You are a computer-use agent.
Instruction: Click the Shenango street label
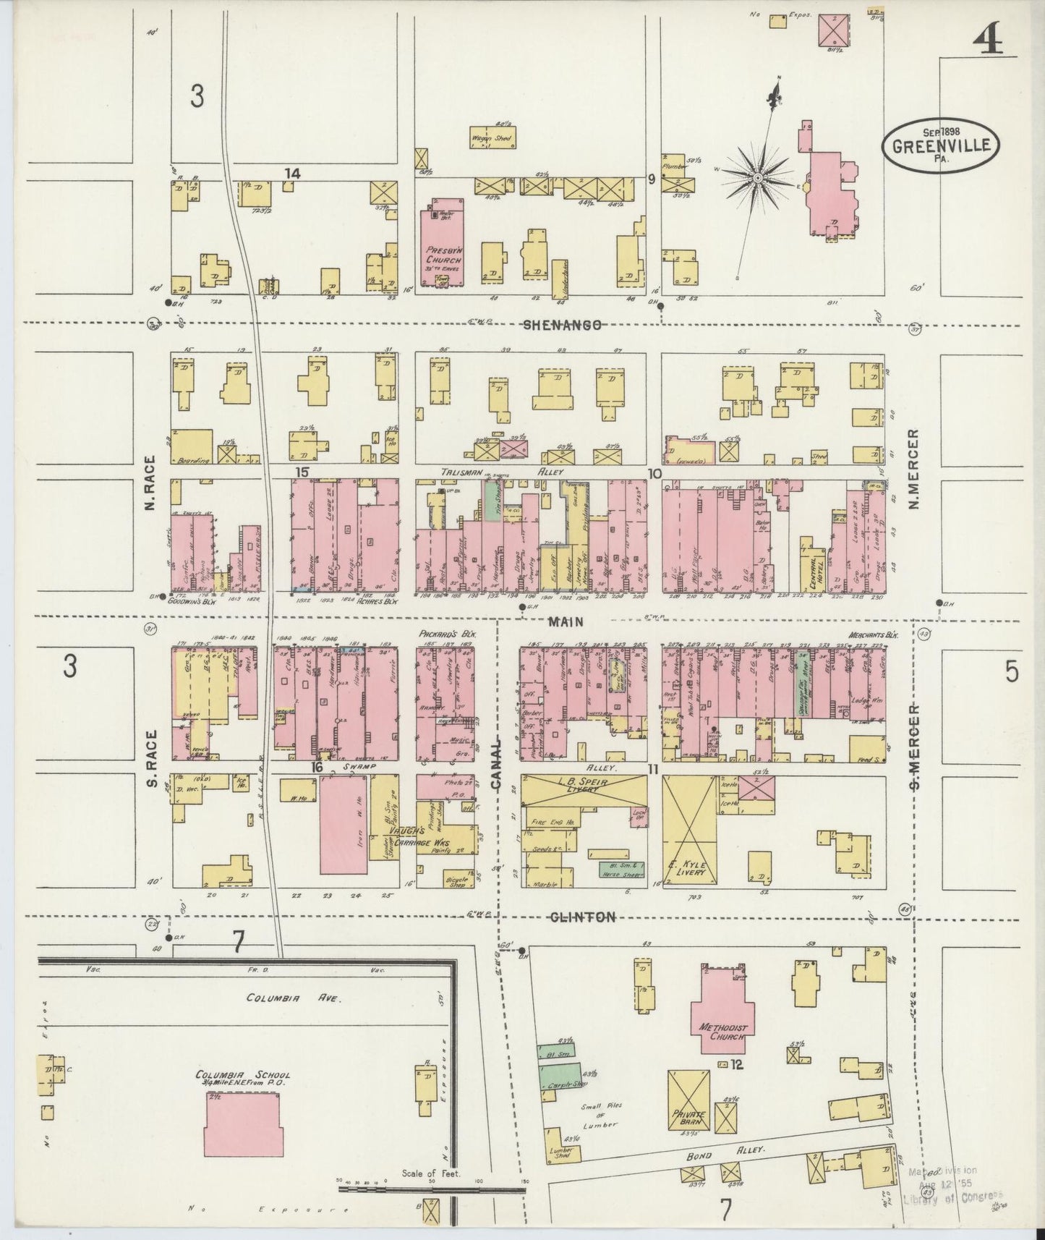pos(563,326)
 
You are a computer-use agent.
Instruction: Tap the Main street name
pos(566,621)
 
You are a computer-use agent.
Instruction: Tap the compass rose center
pos(757,177)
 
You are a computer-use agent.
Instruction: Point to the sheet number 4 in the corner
pos(986,43)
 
